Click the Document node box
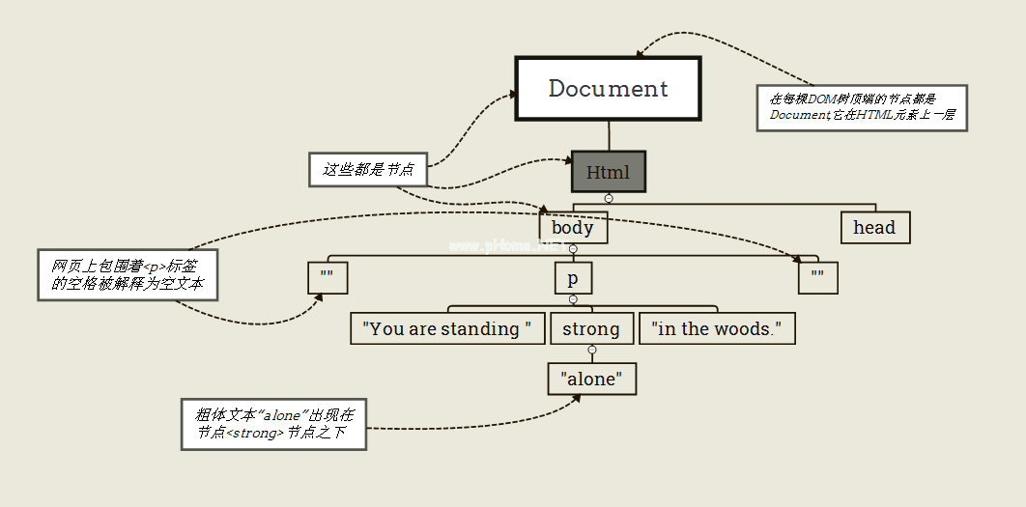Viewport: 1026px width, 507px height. coord(608,88)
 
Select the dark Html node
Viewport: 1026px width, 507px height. coord(608,172)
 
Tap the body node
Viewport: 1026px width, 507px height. coord(573,228)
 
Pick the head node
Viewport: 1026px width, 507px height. coord(874,228)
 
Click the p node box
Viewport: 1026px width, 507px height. coord(573,279)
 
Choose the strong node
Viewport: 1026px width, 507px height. coord(591,328)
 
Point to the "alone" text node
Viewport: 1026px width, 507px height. coord(592,380)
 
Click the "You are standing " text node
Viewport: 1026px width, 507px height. coord(446,328)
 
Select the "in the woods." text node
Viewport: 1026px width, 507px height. coord(717,328)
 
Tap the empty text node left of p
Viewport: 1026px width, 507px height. coord(327,279)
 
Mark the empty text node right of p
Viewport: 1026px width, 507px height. coord(818,279)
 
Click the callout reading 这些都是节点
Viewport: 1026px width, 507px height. coord(367,169)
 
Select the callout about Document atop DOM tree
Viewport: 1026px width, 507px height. coord(861,107)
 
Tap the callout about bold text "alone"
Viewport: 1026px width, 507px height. coord(274,424)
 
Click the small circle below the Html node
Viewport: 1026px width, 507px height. coord(609,198)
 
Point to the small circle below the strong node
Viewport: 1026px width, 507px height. coord(592,350)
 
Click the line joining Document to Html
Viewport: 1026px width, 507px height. coord(609,136)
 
